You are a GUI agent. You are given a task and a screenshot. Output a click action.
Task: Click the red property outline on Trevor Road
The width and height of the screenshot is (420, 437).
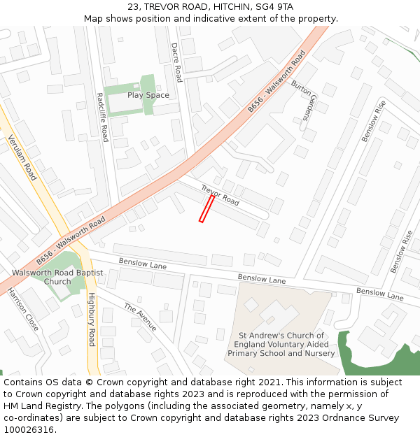206,209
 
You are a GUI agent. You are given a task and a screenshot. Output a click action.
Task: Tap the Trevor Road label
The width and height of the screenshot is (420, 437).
220,195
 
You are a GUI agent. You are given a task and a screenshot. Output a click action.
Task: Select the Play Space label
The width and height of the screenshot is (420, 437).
148,95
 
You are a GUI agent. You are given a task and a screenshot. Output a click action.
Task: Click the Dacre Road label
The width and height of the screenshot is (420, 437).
176,62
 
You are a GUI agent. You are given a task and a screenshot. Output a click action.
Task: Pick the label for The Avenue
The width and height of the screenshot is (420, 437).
140,317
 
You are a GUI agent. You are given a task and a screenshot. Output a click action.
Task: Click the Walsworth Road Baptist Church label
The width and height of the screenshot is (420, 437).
57,277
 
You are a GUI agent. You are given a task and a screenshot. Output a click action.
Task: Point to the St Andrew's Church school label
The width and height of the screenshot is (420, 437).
281,345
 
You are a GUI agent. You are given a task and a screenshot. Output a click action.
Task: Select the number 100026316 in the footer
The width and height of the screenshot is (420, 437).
28,430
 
